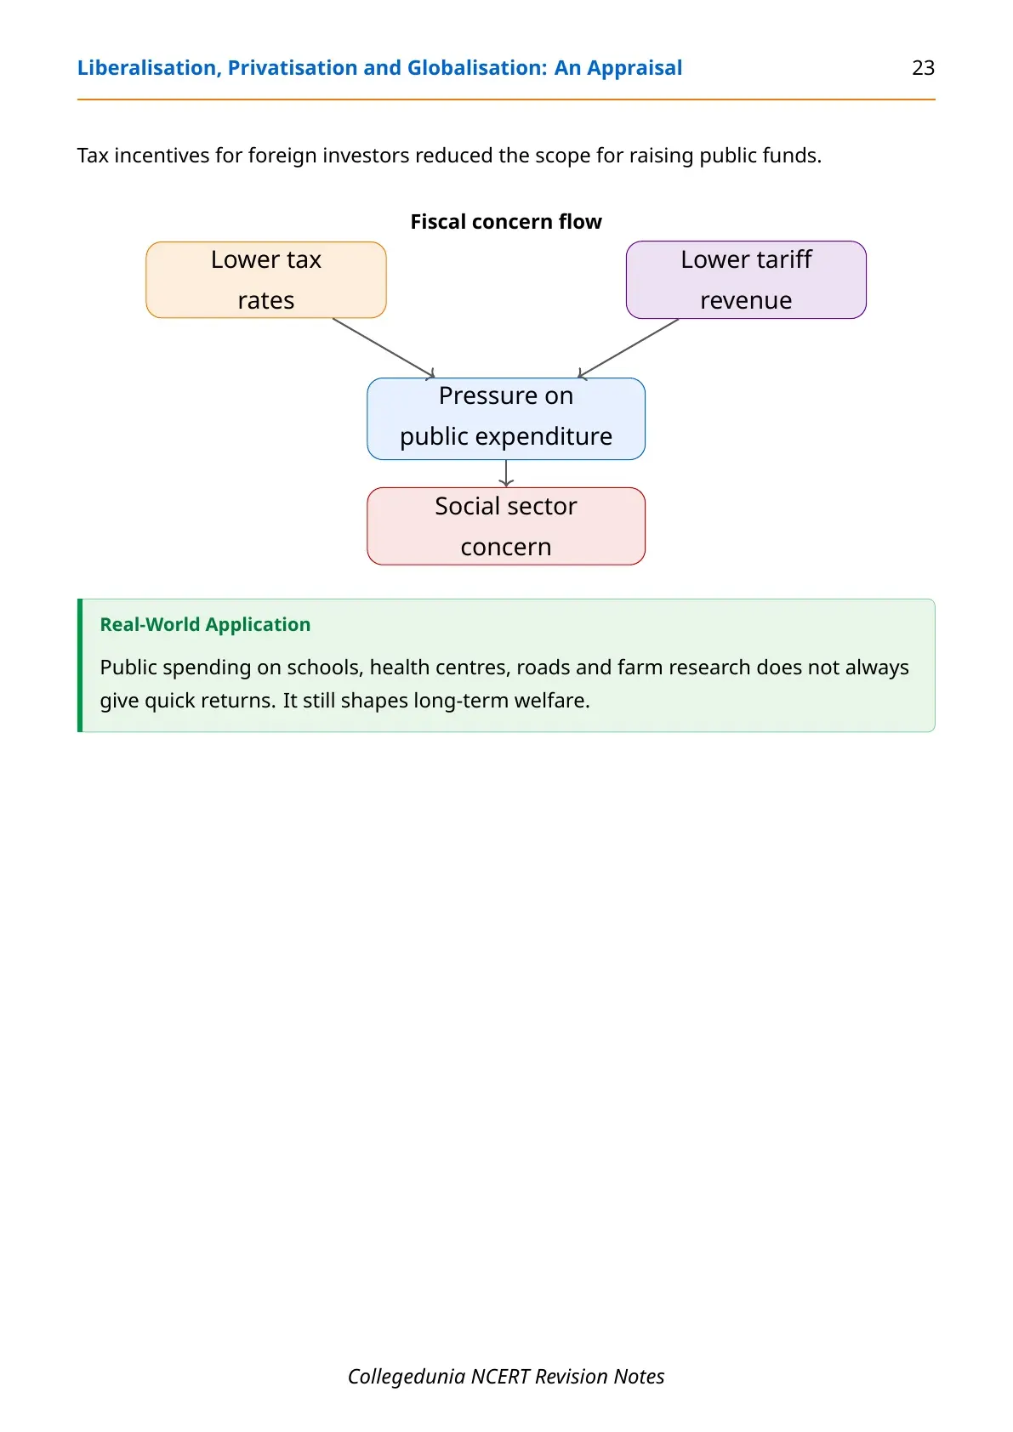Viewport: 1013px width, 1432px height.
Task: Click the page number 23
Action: coord(923,68)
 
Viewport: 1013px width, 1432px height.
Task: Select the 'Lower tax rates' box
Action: coord(266,280)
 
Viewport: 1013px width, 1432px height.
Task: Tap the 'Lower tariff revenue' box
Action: coord(746,280)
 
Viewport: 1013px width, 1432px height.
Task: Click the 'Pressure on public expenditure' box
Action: coord(506,418)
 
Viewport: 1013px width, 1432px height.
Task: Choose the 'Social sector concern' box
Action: coord(506,526)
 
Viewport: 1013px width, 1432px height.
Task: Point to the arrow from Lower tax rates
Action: coord(384,348)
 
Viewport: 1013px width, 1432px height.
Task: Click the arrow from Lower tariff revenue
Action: coord(628,349)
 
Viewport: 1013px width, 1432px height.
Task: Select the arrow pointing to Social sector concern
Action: coord(506,474)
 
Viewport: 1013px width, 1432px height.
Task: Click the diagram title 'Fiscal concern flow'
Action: coord(506,222)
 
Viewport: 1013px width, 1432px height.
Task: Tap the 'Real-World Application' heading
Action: coord(205,624)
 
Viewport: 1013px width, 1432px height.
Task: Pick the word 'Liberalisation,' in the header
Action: coord(150,68)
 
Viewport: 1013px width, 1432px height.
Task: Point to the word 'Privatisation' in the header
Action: coord(293,68)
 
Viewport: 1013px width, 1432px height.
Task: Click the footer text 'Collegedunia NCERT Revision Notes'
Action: coord(506,1376)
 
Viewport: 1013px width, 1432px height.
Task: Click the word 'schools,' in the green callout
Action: coord(325,668)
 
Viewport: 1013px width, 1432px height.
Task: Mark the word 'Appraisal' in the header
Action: coord(635,68)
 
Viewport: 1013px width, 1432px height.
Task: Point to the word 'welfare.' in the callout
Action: coord(552,701)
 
